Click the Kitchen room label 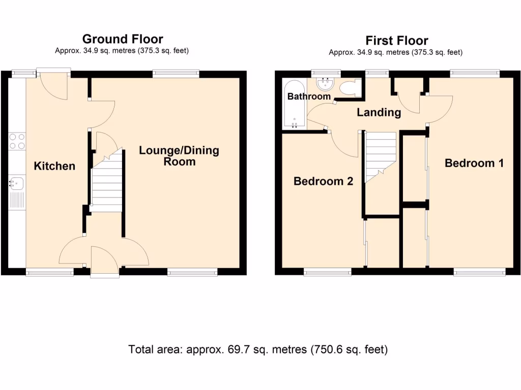click(x=54, y=166)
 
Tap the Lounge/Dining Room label click(x=179, y=156)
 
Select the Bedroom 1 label click(x=474, y=163)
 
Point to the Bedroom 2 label click(x=323, y=181)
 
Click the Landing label click(x=379, y=112)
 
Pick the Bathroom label click(x=309, y=96)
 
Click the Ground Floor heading click(x=122, y=39)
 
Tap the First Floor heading click(x=397, y=40)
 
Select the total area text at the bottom click(x=258, y=349)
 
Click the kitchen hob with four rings click(x=17, y=141)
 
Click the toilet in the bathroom click(x=350, y=88)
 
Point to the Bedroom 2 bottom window click(x=327, y=272)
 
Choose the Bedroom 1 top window click(x=474, y=74)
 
